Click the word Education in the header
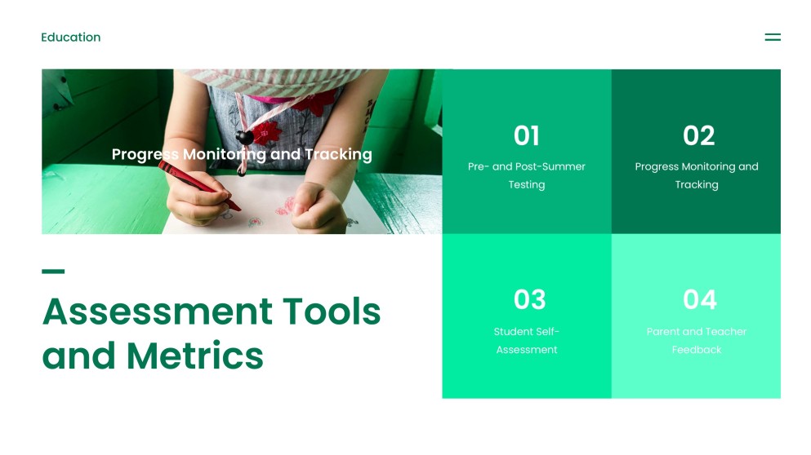(x=71, y=38)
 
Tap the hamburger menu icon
(x=772, y=38)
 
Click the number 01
(x=527, y=135)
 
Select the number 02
(x=698, y=135)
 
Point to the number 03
(x=529, y=300)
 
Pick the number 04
(x=699, y=300)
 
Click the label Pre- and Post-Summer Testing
(x=527, y=175)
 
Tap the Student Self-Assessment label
(x=527, y=340)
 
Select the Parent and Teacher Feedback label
(x=697, y=340)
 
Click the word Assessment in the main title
(x=158, y=311)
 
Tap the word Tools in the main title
(x=332, y=311)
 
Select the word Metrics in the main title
(x=194, y=356)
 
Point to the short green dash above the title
(x=53, y=272)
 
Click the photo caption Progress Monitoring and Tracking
(x=242, y=154)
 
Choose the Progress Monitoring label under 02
(x=697, y=175)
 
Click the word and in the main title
(x=78, y=356)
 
